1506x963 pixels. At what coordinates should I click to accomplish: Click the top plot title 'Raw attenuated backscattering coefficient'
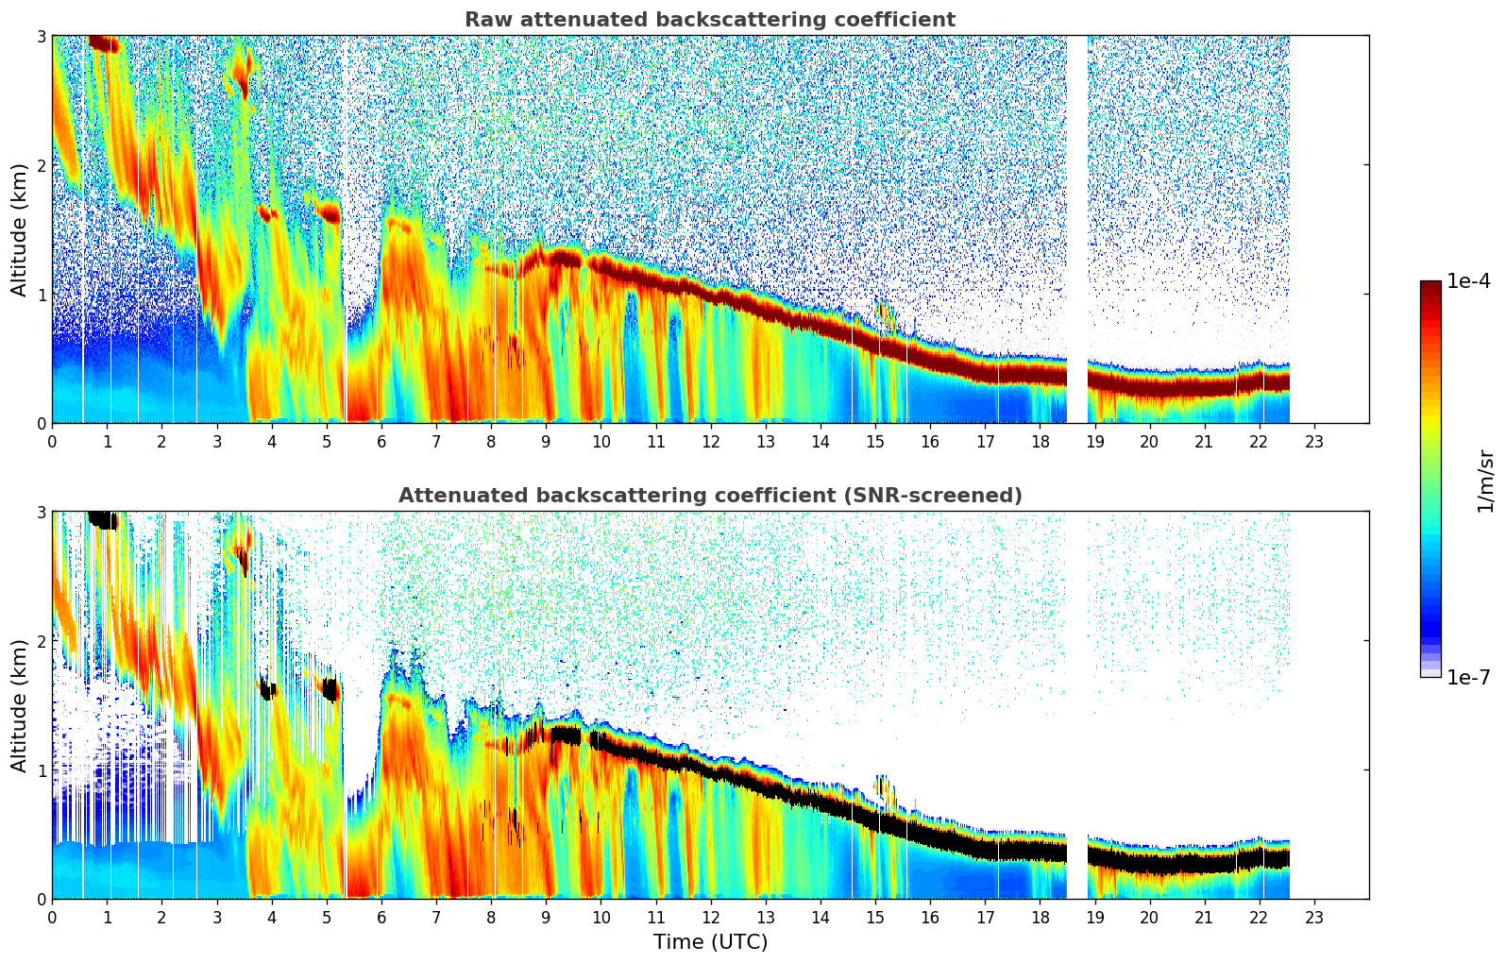click(x=710, y=20)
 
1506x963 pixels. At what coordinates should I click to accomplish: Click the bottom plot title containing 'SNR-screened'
click(x=710, y=496)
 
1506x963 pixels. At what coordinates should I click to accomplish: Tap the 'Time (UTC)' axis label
click(x=710, y=942)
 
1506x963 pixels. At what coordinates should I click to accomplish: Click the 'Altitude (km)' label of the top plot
click(x=20, y=229)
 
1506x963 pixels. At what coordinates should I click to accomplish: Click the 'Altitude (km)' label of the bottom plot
click(x=20, y=705)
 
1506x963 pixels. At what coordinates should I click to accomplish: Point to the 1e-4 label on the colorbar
click(x=1468, y=281)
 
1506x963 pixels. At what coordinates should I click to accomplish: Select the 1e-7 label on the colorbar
click(x=1468, y=677)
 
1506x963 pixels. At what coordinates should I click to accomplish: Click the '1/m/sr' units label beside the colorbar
click(x=1485, y=481)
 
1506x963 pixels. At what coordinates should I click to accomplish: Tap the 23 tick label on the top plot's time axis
click(x=1313, y=441)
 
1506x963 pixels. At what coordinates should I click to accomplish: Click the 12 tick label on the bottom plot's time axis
click(x=710, y=917)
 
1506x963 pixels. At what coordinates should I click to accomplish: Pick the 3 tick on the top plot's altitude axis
click(x=41, y=37)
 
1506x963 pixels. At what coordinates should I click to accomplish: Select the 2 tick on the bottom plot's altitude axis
click(x=41, y=641)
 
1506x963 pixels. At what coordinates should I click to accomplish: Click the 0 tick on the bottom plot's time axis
click(x=52, y=917)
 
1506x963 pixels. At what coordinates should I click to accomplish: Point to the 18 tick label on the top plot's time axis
click(x=1040, y=441)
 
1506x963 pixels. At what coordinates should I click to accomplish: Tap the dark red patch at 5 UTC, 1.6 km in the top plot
click(x=330, y=213)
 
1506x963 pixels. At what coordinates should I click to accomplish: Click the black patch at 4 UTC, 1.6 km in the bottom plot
click(x=268, y=690)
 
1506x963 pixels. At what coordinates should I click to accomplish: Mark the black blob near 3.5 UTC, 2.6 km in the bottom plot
click(x=244, y=563)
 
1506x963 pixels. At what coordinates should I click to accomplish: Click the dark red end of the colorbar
click(x=1430, y=287)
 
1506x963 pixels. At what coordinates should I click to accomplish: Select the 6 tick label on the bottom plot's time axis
click(x=381, y=917)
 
